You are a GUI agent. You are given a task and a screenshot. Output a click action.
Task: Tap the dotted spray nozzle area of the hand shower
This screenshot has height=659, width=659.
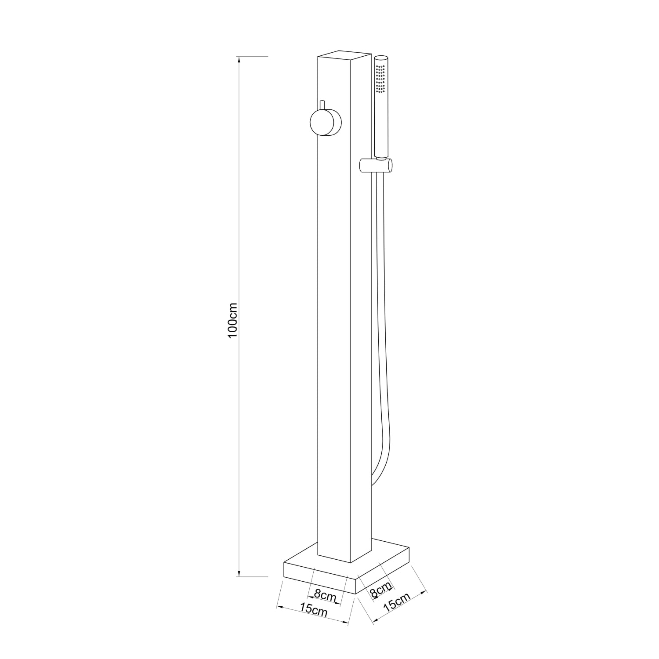click(380, 79)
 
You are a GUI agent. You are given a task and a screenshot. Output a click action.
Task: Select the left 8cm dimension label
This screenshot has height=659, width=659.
click(325, 596)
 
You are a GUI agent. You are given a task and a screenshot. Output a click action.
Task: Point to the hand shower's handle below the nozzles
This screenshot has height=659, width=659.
click(380, 127)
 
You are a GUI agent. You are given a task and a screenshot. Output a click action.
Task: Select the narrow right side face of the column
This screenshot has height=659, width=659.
click(362, 308)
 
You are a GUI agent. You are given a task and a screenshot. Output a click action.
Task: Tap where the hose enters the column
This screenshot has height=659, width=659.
click(373, 483)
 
